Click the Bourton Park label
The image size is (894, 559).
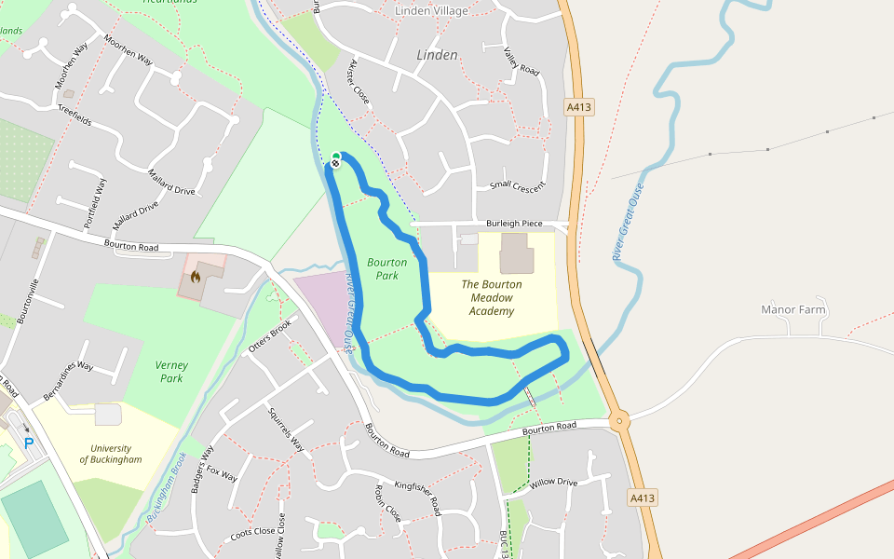click(387, 269)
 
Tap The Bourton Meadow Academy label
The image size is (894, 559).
click(492, 297)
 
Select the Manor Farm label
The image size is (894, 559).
click(793, 309)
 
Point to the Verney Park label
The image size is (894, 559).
click(171, 372)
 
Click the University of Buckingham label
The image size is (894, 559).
click(111, 454)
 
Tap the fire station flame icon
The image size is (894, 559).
click(196, 276)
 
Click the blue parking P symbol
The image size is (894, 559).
click(28, 443)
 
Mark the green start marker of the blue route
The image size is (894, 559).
click(336, 156)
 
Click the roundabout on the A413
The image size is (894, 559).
click(619, 421)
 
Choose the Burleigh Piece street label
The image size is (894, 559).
click(514, 224)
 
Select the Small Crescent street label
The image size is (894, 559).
click(517, 185)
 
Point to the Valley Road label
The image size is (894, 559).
click(521, 61)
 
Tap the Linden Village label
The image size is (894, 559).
click(431, 11)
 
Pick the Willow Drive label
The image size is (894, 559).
click(554, 483)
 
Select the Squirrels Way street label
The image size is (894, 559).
click(286, 430)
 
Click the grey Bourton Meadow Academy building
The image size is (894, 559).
click(517, 253)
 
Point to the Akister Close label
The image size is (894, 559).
click(359, 83)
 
